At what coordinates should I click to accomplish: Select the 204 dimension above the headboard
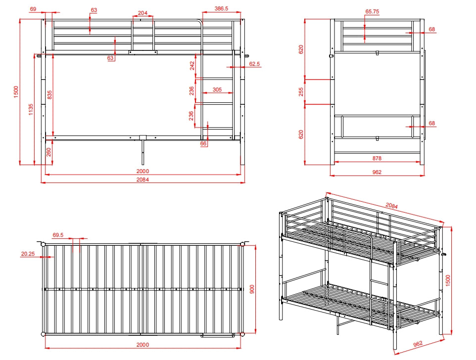pos(143,13)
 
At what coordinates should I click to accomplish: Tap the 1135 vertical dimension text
pos(31,109)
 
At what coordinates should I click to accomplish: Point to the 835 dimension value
pos(49,95)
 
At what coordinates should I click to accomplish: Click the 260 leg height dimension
pos(48,152)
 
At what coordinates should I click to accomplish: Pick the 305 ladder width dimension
pos(217,90)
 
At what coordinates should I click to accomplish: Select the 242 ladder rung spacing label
pos(192,66)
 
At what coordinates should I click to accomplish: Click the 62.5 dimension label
pos(255,64)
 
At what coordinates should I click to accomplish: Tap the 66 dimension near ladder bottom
pos(203,143)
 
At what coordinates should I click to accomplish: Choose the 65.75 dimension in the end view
pos(372,11)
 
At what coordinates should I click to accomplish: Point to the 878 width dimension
pos(377,158)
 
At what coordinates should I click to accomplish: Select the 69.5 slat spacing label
pos(58,235)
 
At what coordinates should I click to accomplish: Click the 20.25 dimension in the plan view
pos(28,254)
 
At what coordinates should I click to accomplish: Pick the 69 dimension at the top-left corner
pos(33,9)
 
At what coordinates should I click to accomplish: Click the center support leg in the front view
pos(143,152)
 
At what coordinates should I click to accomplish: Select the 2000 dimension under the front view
pos(143,171)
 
